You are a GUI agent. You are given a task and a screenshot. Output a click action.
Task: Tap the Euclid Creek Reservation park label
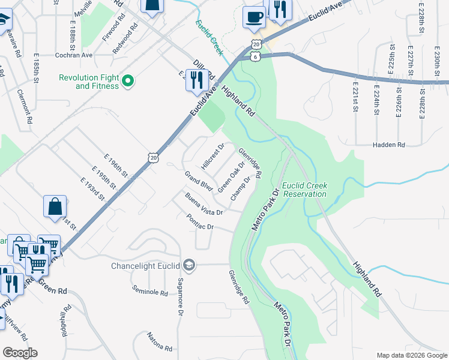tap(305, 190)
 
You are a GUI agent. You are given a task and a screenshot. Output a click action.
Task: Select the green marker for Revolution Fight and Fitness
tap(128, 81)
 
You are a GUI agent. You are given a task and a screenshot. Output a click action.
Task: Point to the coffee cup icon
tap(254, 17)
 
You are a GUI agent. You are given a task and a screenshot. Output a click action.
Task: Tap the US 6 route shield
tap(256, 56)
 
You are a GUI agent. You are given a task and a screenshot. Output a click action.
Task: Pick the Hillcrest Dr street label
tap(213, 155)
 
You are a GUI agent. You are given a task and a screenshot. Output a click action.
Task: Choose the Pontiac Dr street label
tap(200, 223)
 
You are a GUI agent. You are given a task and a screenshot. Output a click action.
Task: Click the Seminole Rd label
tap(150, 292)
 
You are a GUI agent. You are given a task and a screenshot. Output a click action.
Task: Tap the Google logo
tap(20, 353)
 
